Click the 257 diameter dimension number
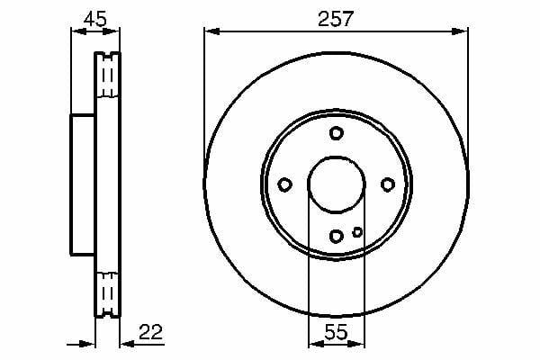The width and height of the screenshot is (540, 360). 336,19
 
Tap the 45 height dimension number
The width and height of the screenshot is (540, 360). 95,19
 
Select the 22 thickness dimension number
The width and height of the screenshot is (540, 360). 150,332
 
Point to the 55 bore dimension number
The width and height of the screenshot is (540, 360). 336,332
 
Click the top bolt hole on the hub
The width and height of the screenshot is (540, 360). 336,133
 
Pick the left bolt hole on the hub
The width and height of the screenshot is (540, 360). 284,184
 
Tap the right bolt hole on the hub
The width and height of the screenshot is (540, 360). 388,184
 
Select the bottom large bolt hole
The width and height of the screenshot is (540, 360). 336,236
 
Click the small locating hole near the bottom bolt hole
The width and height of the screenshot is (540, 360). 357,232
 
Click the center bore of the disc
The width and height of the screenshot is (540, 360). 336,184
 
